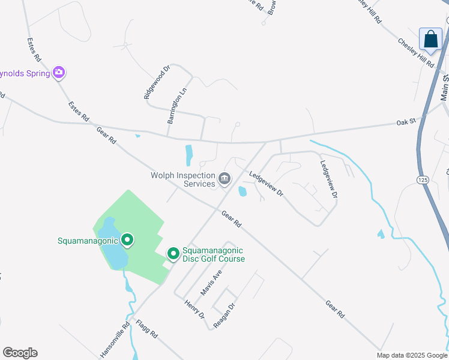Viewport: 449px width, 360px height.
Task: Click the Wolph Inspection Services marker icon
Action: [x=225, y=178]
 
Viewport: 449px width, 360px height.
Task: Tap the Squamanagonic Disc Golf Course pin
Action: [x=173, y=254]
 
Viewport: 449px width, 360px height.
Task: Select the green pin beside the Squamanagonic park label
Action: [x=127, y=240]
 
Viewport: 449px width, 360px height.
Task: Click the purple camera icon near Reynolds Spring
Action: [x=59, y=73]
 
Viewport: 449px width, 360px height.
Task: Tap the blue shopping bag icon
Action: [x=430, y=39]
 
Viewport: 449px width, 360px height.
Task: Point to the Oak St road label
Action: [x=406, y=122]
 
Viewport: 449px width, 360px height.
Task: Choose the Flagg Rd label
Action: [x=146, y=326]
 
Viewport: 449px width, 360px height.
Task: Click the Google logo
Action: [x=20, y=353]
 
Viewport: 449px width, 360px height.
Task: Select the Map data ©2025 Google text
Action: [x=411, y=355]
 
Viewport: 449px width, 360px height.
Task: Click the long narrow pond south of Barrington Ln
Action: [x=189, y=155]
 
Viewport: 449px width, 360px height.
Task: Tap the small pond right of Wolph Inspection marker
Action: [x=243, y=191]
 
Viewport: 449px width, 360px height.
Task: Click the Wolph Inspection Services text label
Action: [x=182, y=179]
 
